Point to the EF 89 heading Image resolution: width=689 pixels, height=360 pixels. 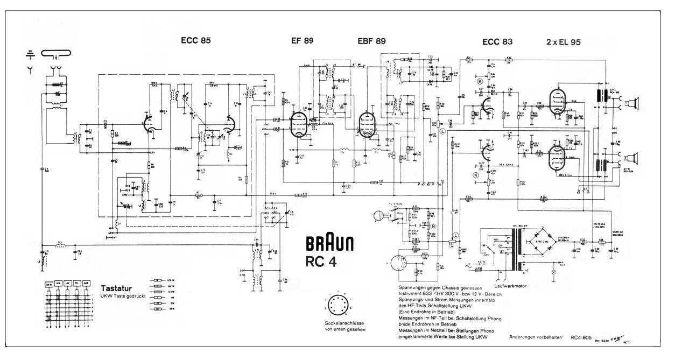[302, 40]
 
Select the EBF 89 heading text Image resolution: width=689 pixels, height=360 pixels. [371, 40]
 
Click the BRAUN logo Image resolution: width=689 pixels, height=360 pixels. [330, 245]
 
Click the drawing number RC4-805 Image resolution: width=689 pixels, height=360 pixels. [586, 337]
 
